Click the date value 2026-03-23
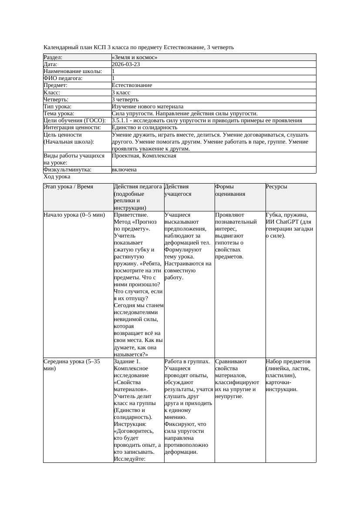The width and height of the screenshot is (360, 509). (x=126, y=64)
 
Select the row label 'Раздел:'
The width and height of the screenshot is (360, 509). (x=53, y=57)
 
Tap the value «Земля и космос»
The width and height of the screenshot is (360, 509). (x=135, y=57)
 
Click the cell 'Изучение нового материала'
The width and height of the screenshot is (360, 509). (x=147, y=107)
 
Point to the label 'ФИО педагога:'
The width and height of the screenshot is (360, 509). (x=63, y=78)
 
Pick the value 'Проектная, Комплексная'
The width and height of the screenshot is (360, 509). (x=144, y=156)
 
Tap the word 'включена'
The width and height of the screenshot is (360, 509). (x=124, y=170)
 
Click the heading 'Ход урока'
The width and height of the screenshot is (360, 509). (x=57, y=177)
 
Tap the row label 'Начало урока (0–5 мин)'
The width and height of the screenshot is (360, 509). (x=74, y=215)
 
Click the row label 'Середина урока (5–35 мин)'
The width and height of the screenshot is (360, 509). (x=72, y=365)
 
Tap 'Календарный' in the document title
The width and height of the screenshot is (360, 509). (x=61, y=47)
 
